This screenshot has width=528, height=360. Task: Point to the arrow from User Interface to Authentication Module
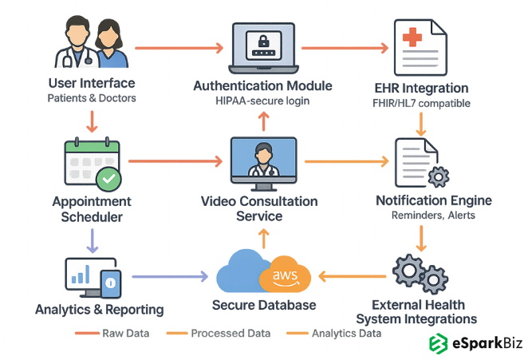(179, 48)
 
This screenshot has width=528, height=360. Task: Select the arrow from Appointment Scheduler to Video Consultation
(175, 162)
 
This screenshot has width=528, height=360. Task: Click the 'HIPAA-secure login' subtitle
(262, 101)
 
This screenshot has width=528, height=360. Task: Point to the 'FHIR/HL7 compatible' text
(422, 103)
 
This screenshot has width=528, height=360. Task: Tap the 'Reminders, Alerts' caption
(422, 216)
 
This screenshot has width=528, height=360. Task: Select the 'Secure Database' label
(263, 305)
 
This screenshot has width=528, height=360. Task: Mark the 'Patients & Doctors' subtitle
(91, 98)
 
